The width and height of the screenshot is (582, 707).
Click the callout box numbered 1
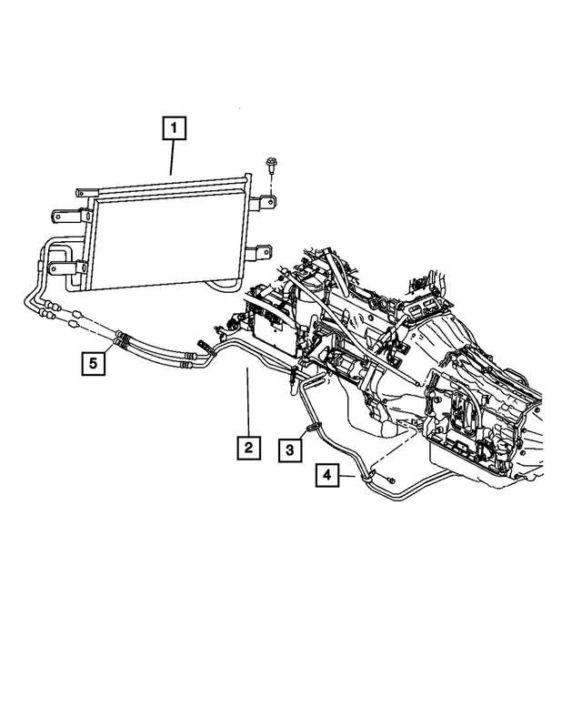(x=174, y=128)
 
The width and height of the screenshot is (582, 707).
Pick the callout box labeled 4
(x=328, y=474)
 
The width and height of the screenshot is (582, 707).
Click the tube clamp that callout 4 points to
(x=367, y=473)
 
